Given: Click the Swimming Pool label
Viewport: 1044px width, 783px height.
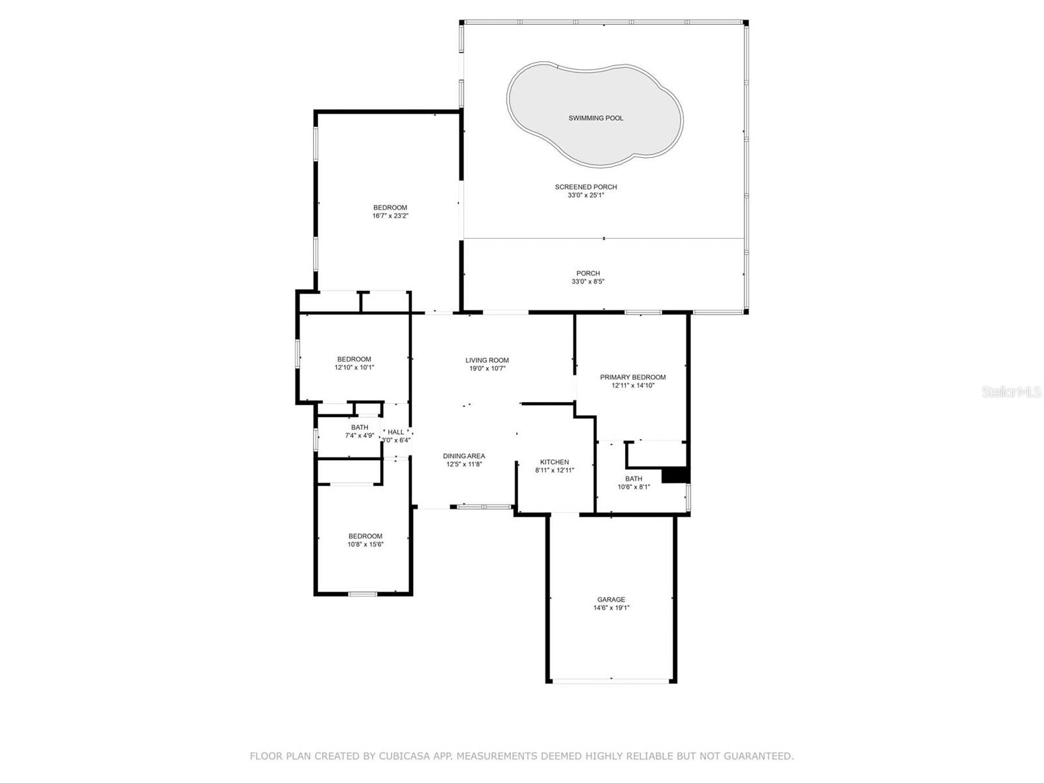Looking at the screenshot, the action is (x=596, y=118).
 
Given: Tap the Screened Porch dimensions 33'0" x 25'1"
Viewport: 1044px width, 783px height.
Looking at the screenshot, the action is (x=585, y=195).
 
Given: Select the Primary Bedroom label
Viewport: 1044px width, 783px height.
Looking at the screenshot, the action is (x=632, y=377).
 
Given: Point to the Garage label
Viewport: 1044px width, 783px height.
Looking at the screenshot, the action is (x=611, y=600).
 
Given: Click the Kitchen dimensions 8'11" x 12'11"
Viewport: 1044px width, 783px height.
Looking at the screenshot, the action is (x=555, y=470).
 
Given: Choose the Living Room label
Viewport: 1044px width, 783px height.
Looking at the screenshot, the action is (x=487, y=360).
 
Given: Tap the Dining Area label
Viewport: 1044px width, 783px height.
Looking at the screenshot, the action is (x=464, y=456).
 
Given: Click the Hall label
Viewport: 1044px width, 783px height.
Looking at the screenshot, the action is (x=395, y=432).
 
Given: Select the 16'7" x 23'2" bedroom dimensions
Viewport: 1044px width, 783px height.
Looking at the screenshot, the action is (x=390, y=216).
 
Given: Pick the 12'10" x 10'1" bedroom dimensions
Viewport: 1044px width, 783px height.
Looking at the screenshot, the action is (x=354, y=367).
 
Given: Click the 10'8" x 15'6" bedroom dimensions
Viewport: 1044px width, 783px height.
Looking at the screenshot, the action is (x=365, y=544).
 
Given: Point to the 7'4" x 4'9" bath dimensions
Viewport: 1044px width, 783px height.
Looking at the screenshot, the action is (x=360, y=435).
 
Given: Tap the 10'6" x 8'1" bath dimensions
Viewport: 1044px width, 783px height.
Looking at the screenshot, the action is (x=634, y=487).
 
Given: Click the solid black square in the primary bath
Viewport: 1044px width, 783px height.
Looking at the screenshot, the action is (x=675, y=476).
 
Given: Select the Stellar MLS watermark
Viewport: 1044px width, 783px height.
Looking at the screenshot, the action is (x=1011, y=391).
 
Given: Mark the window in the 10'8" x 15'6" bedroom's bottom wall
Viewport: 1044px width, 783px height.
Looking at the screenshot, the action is (x=363, y=594).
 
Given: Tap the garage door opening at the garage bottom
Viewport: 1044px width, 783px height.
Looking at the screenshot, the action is (x=611, y=681).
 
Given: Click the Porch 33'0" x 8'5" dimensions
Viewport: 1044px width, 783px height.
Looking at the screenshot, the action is (x=588, y=281).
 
